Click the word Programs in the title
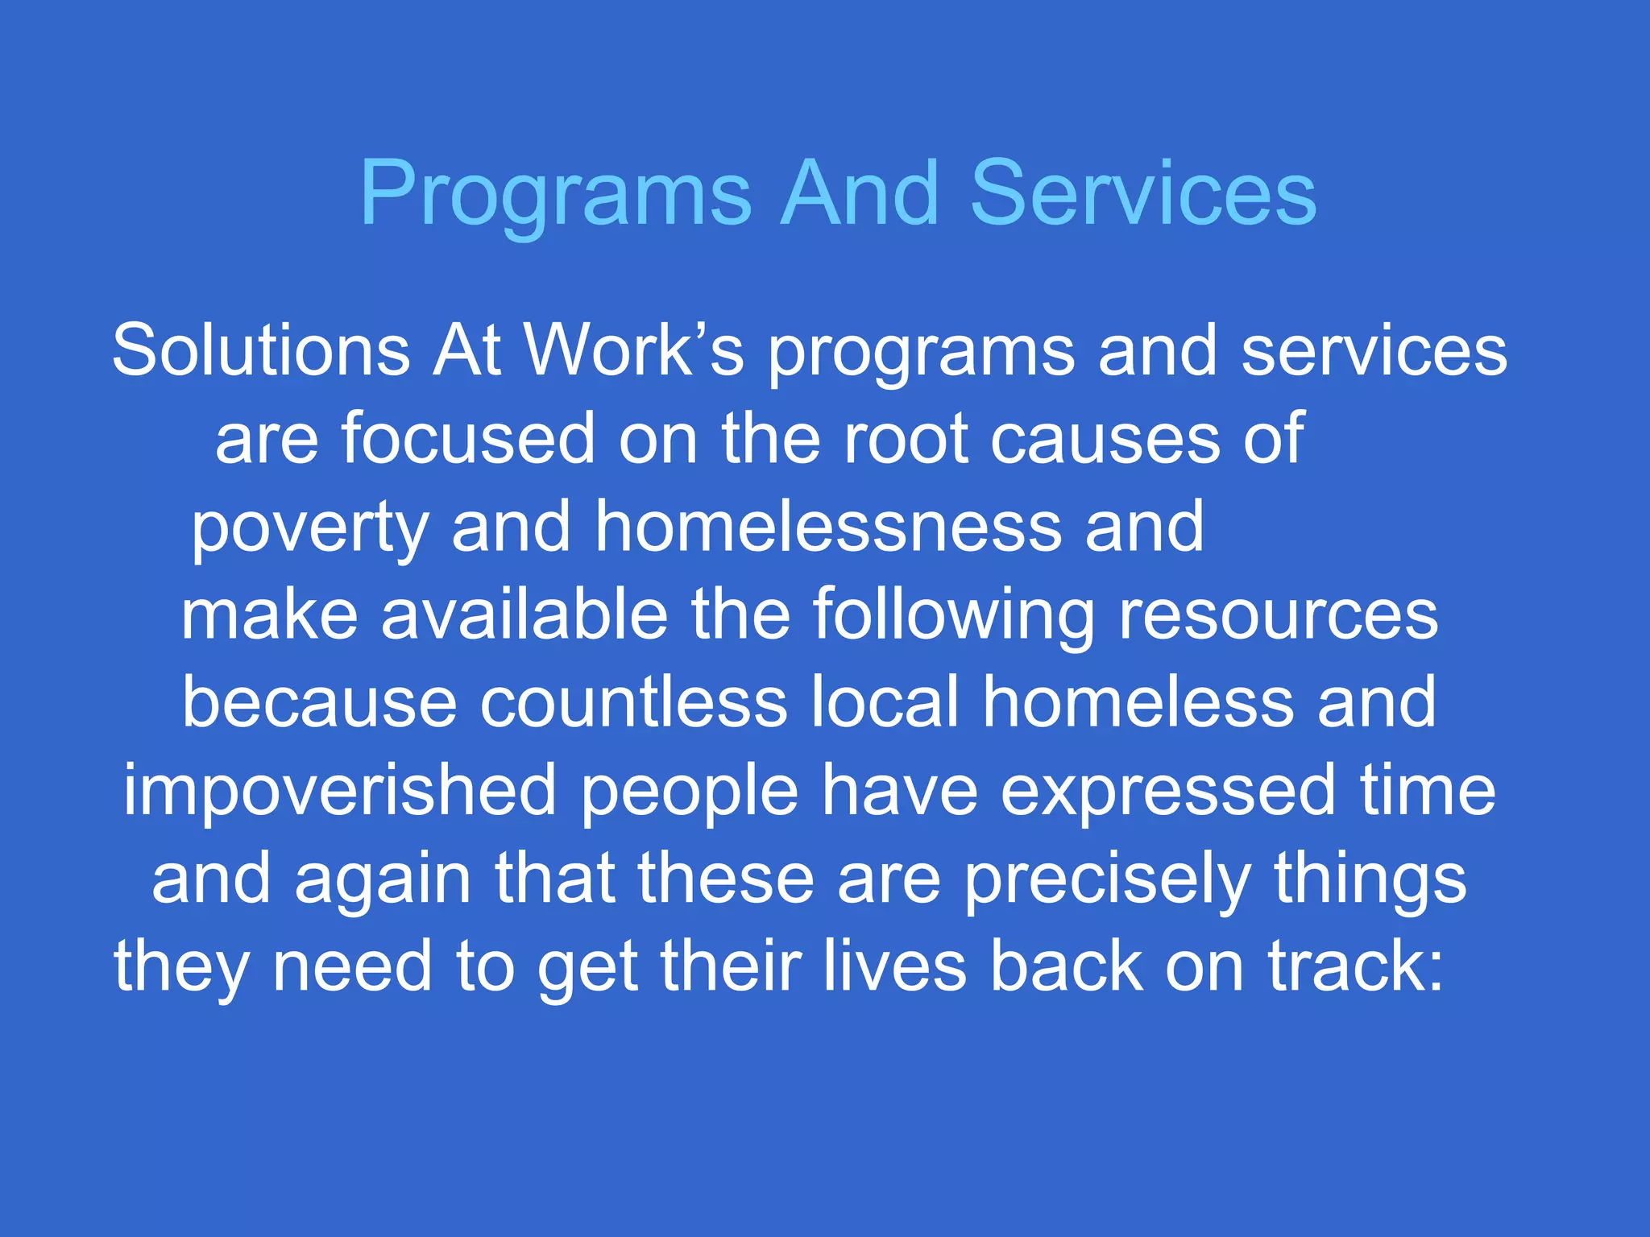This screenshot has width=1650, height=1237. click(x=555, y=196)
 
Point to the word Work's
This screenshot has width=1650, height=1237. click(x=633, y=351)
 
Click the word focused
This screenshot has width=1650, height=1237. click(x=468, y=439)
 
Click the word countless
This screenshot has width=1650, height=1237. click(x=633, y=702)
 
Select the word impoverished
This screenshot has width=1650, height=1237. click(x=339, y=792)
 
